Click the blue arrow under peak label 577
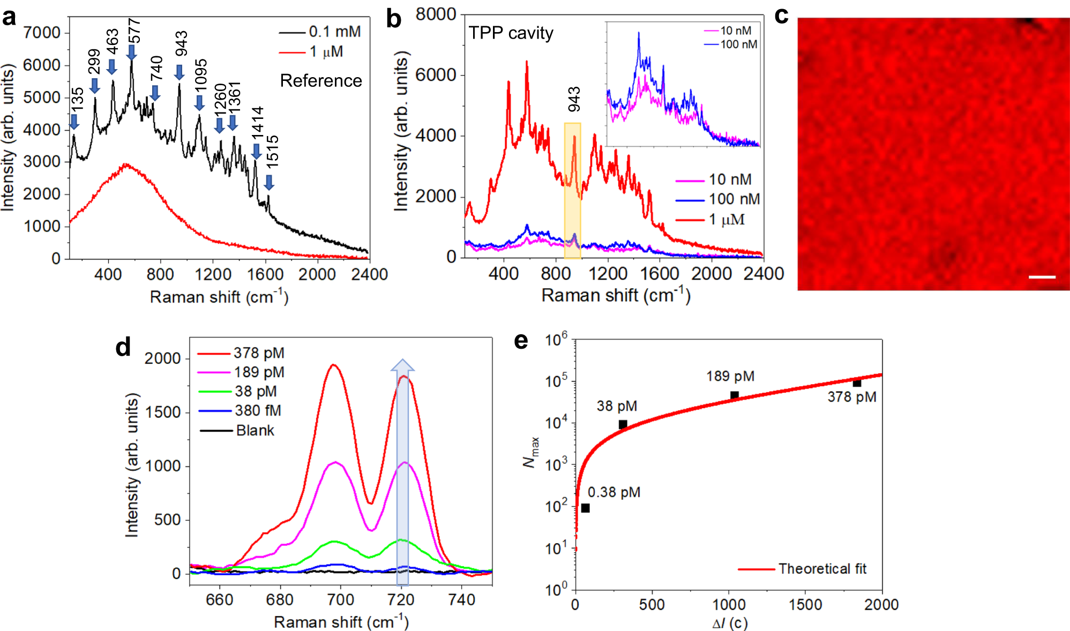131,52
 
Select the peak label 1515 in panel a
272,152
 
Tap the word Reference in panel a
321,81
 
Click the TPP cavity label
511,33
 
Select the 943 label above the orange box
574,99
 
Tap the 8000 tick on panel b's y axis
436,14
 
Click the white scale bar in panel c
1042,277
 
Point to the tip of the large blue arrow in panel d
402,362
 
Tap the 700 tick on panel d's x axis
340,599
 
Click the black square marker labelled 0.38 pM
585,508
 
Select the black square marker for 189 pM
735,395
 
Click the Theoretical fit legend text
822,569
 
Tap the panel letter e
521,341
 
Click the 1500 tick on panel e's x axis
805,605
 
